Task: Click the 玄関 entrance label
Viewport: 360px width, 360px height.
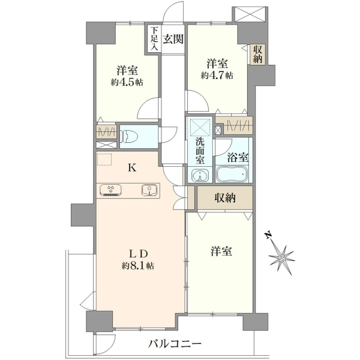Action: (x=173, y=39)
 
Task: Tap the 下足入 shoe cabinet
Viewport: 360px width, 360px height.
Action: (x=154, y=39)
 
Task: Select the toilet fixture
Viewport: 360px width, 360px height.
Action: (x=129, y=136)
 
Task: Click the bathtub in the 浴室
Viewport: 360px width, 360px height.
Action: (x=232, y=174)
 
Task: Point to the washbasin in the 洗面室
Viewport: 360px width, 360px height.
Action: (x=200, y=176)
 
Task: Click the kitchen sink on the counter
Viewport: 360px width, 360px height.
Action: (x=149, y=191)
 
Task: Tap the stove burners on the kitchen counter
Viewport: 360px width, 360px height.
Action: (x=110, y=190)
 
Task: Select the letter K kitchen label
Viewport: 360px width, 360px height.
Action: (x=132, y=168)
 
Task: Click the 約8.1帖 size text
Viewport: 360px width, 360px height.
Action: (x=138, y=266)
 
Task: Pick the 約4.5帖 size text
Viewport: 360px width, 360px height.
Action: (x=127, y=82)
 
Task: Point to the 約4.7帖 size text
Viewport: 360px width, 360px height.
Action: (x=217, y=76)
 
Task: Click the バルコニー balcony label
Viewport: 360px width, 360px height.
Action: (x=175, y=344)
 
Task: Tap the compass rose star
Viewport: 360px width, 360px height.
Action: (x=281, y=259)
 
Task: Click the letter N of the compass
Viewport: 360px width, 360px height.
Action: (x=267, y=236)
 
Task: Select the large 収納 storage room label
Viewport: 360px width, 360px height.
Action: (x=225, y=197)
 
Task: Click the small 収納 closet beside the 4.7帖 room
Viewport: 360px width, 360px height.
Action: (x=257, y=54)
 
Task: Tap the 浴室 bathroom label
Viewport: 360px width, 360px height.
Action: (x=238, y=158)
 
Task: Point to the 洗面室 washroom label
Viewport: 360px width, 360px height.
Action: (x=200, y=151)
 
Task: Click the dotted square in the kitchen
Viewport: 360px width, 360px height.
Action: (x=104, y=160)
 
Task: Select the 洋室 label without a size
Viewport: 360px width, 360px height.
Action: (x=221, y=251)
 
